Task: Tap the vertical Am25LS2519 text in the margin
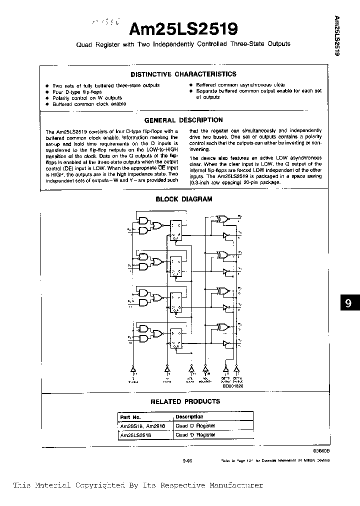(x=336, y=35)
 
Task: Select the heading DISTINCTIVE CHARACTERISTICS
(x=183, y=74)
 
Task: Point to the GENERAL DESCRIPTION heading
(x=183, y=120)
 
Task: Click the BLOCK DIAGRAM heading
(x=184, y=199)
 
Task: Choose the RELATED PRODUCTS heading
(x=185, y=401)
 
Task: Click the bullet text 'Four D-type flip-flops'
(x=77, y=92)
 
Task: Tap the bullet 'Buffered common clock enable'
(x=89, y=104)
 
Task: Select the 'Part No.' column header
(x=130, y=417)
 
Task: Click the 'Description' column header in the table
(x=189, y=416)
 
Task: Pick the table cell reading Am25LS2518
(x=135, y=435)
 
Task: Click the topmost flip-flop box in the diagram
(x=176, y=230)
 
